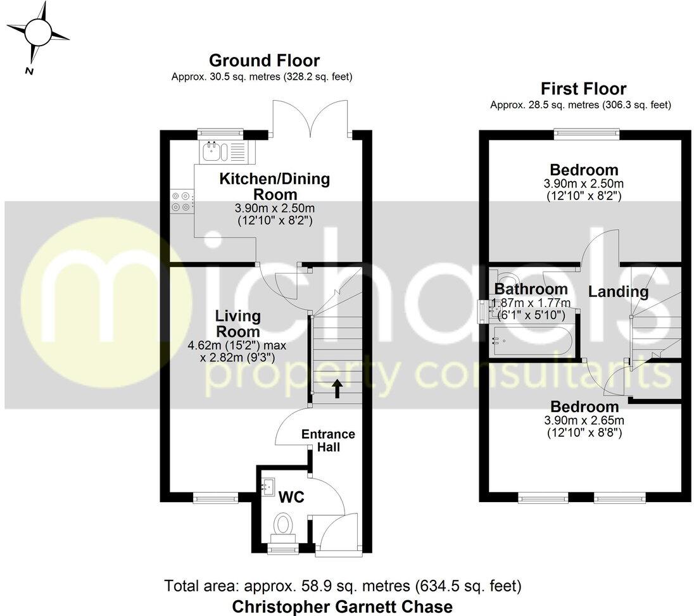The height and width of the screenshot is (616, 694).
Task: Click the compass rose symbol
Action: (x=38, y=32)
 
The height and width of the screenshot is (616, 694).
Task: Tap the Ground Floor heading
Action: (x=264, y=61)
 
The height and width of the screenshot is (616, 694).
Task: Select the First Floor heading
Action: (x=583, y=89)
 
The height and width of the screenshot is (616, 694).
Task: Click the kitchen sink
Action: (x=213, y=151)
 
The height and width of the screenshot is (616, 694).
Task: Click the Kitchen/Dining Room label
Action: (x=274, y=186)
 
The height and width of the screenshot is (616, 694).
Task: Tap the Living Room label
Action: (x=237, y=324)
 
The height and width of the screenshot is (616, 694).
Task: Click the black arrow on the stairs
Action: (x=336, y=388)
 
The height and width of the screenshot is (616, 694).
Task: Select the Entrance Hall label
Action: (x=327, y=441)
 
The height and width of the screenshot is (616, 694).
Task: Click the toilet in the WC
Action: (x=283, y=525)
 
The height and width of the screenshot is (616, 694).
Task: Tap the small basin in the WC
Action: (x=268, y=486)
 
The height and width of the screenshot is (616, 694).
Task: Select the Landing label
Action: (x=619, y=292)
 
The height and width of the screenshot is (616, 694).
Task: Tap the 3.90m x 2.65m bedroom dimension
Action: (x=584, y=420)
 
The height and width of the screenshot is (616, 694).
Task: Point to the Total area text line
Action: (x=343, y=584)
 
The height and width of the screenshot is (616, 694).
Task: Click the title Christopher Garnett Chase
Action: (x=343, y=606)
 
